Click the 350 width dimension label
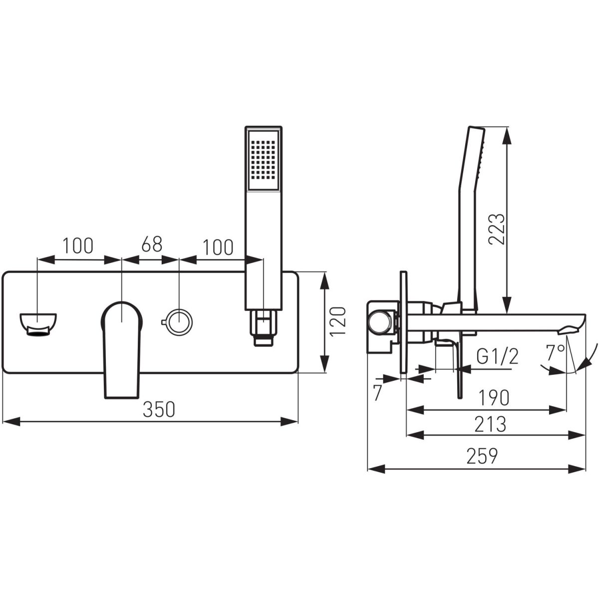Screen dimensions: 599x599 tap(159, 410)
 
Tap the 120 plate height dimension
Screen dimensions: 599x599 tap(338, 321)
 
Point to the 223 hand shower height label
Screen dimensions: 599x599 tap(496, 229)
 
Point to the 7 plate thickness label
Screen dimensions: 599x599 tap(377, 393)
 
